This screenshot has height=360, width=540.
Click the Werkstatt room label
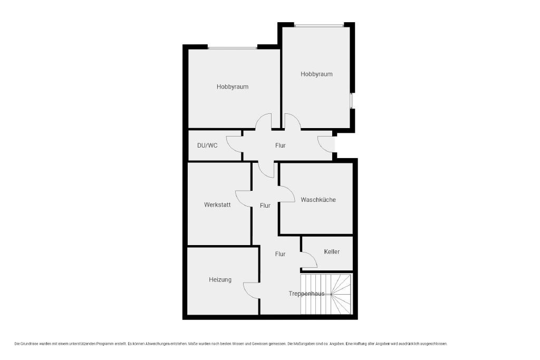[217, 205]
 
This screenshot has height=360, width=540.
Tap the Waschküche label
[318, 200]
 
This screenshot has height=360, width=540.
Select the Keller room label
[332, 251]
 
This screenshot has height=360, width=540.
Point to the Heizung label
[220, 280]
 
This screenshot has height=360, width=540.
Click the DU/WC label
[207, 145]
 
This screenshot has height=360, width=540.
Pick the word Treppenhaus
[306, 294]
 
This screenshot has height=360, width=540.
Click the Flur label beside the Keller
[281, 254]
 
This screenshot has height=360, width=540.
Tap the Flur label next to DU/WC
[281, 145]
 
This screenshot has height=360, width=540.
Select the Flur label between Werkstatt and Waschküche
[265, 206]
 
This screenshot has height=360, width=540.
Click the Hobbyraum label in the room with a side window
[316, 74]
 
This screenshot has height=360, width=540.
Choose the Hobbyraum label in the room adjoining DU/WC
[233, 87]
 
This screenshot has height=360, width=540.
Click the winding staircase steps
[326, 294]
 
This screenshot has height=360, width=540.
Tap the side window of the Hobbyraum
[352, 101]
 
